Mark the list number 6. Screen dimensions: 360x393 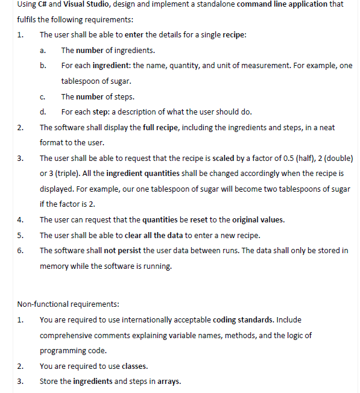20,251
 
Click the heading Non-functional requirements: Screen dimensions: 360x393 68,304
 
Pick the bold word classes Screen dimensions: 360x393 135,366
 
